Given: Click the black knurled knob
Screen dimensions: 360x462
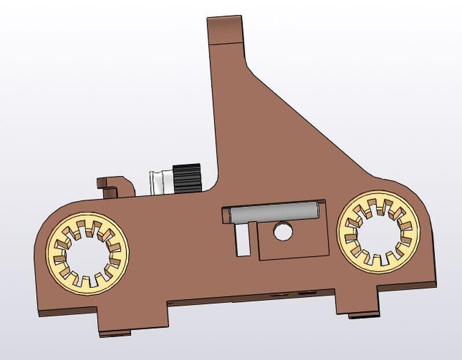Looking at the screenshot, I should pyautogui.click(x=187, y=178).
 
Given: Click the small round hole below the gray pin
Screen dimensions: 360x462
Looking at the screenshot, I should pyautogui.click(x=283, y=231).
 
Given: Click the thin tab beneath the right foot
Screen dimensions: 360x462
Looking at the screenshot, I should pyautogui.click(x=365, y=315).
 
